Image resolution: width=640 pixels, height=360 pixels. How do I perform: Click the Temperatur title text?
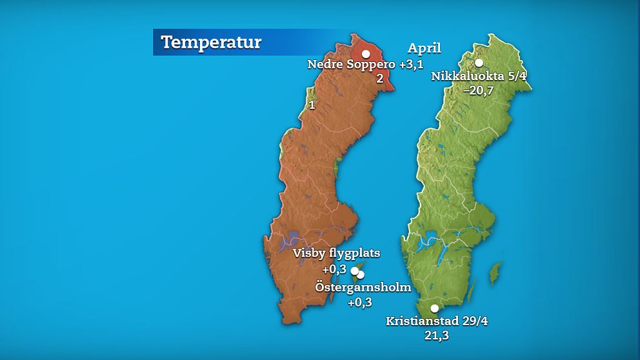[211, 43]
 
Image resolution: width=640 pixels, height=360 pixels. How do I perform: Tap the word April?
[425, 48]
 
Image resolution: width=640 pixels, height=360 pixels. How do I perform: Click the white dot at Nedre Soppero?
[366, 54]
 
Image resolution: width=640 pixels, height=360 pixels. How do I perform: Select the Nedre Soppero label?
[351, 65]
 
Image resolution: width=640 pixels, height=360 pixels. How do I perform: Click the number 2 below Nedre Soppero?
[380, 79]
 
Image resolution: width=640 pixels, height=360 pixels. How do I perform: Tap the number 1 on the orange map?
[312, 105]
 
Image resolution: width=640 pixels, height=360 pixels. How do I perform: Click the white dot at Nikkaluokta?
[479, 63]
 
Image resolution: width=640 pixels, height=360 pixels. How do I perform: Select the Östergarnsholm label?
[363, 287]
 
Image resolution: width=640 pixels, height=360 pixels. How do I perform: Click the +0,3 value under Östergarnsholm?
[360, 302]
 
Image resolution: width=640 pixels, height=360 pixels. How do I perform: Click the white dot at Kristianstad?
[435, 308]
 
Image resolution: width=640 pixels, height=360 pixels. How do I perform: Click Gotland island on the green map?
[495, 273]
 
